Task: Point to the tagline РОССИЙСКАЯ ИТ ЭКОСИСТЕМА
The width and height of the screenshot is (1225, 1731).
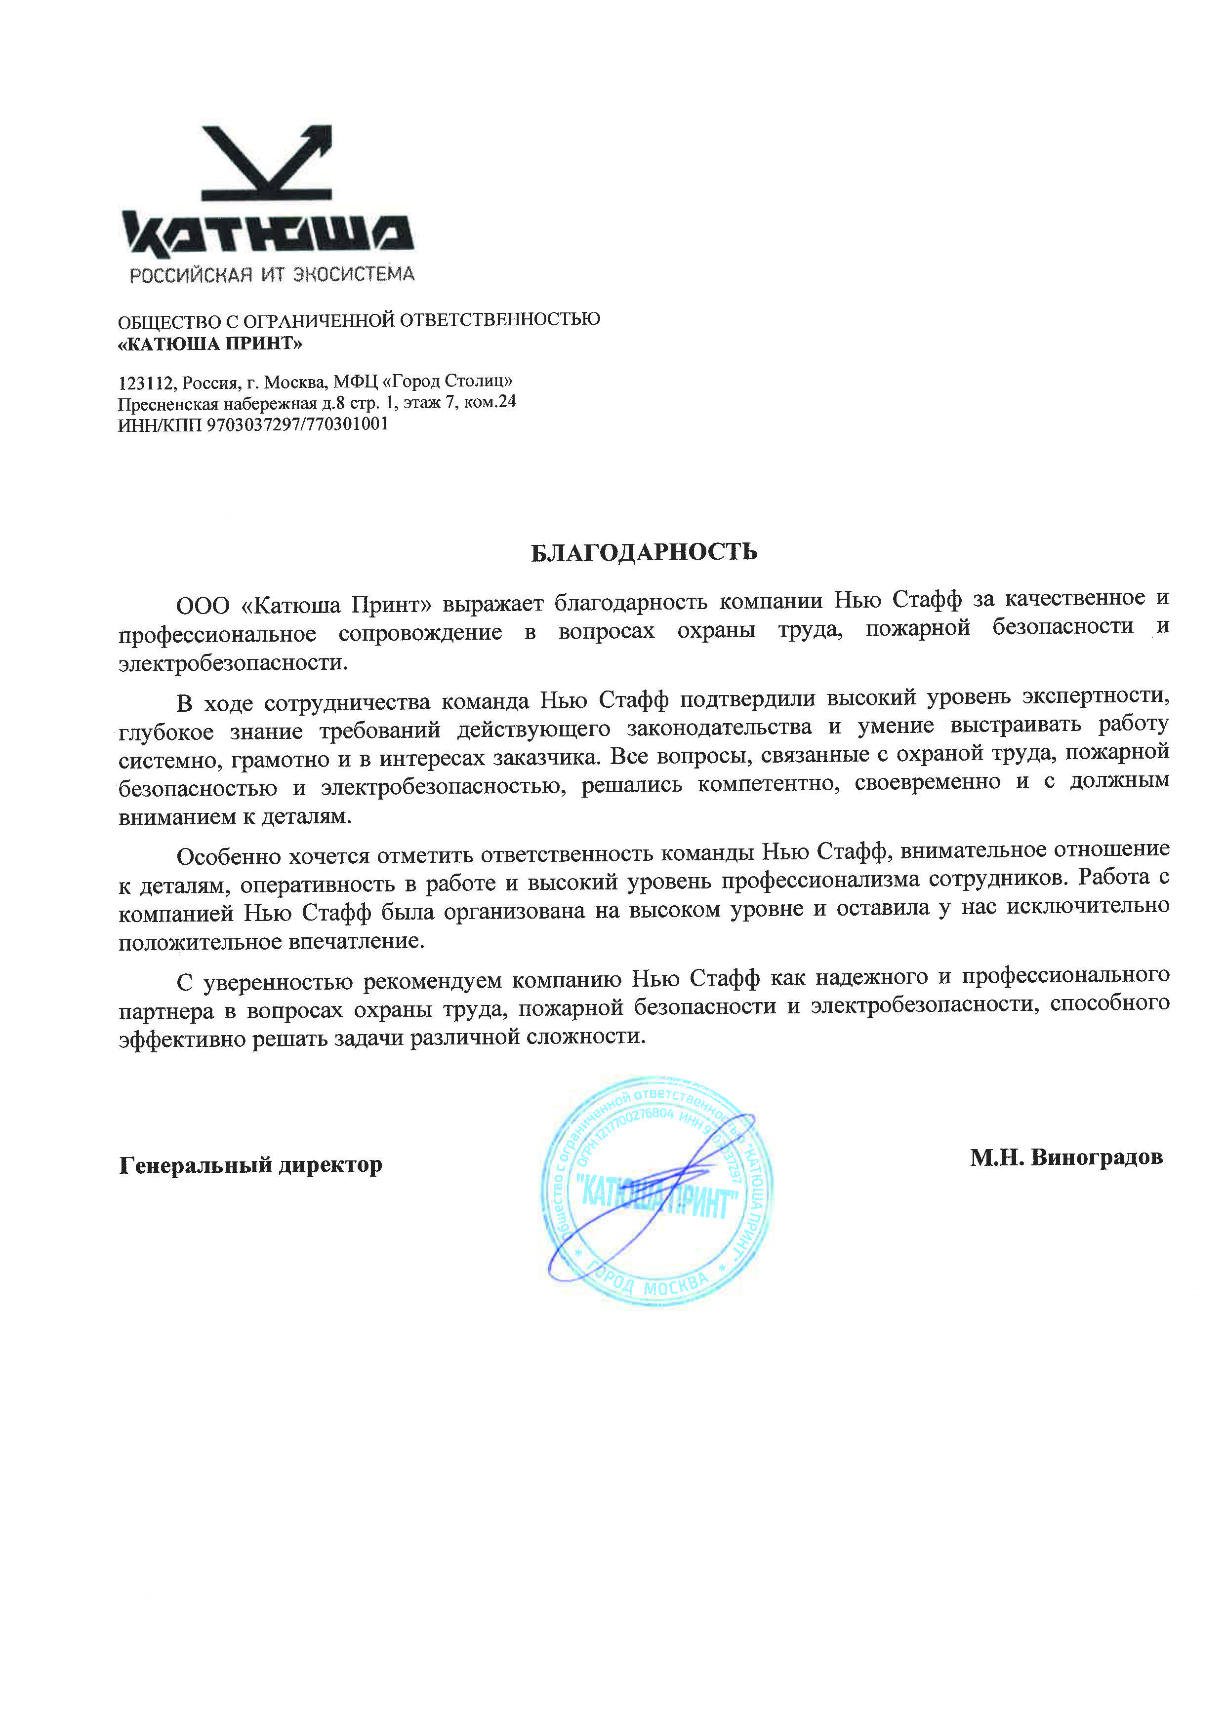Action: coord(272,274)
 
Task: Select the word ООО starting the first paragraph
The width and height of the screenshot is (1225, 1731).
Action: coord(203,606)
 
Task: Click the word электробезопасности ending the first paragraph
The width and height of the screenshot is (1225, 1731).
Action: coord(233,663)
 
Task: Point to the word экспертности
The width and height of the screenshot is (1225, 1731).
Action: coord(1094,696)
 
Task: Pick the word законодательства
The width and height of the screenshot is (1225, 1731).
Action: coord(720,728)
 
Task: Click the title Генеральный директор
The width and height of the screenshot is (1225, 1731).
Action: coord(250,1165)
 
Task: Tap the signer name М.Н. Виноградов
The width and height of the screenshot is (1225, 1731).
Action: coord(1066,1157)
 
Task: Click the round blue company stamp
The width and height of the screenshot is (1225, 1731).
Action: coord(656,1191)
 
